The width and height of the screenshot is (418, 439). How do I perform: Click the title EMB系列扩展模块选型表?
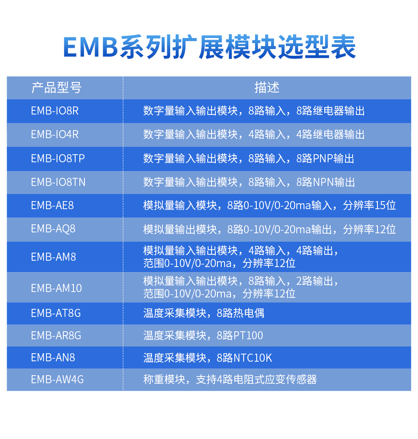coord(209,47)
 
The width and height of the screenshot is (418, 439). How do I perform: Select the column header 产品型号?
coord(56,87)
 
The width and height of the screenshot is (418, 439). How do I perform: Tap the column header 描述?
coord(267,87)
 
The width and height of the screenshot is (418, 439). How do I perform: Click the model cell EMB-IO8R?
coord(55,111)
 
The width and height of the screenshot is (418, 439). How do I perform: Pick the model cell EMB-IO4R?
coord(55,134)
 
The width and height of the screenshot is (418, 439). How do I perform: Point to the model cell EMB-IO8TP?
coord(58,158)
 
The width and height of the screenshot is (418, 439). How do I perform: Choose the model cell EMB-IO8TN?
coord(58,182)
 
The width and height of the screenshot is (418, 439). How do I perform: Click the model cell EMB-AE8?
coord(52,205)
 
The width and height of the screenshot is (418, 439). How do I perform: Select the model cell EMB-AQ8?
coord(53,229)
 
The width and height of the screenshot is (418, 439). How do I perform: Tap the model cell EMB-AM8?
coord(54,257)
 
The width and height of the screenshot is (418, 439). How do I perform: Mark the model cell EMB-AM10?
coord(56,288)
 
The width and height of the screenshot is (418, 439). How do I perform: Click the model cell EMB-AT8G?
coord(56,313)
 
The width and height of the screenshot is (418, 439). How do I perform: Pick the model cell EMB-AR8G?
coord(56,335)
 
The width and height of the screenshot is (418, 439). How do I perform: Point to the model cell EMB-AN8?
coord(53,357)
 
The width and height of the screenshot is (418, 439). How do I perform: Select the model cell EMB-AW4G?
coord(57,380)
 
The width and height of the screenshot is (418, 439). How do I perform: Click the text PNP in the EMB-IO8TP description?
coord(323,158)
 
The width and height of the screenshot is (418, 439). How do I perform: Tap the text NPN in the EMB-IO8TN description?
coord(323,182)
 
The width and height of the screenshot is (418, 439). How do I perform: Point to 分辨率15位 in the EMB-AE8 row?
coord(369,205)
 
